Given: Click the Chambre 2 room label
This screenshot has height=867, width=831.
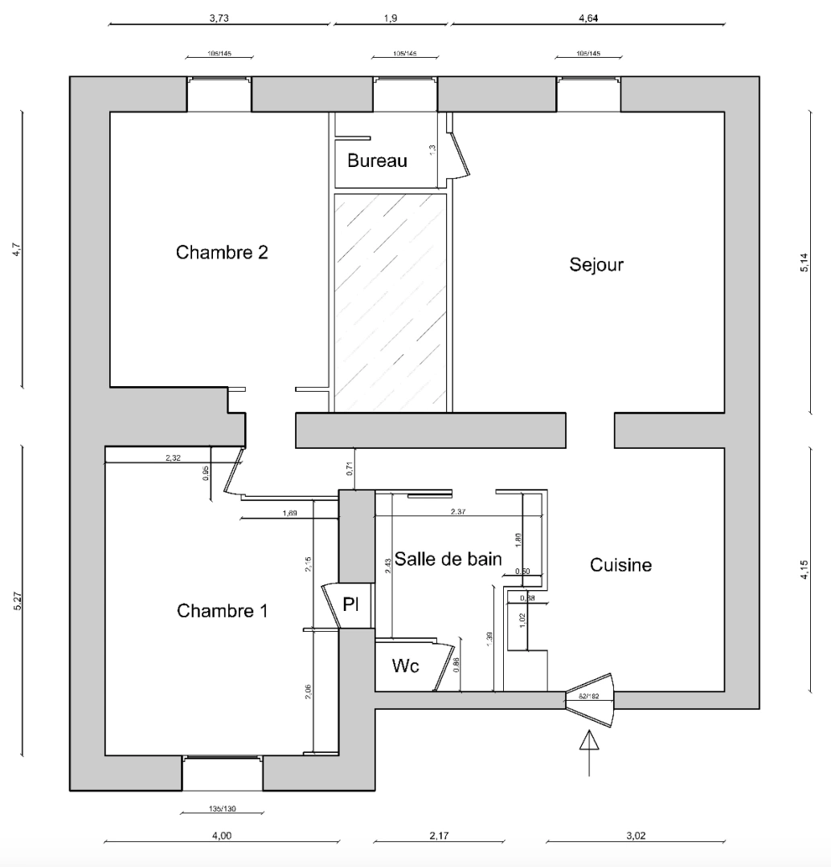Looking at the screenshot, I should (222, 253).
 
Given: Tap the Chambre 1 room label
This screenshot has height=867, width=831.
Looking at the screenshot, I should (222, 611).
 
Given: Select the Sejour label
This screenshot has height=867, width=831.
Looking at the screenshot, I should (596, 264).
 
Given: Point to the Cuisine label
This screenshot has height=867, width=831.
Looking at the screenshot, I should (620, 565).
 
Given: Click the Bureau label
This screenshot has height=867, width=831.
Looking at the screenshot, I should (377, 161).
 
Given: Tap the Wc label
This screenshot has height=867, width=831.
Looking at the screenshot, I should (405, 666).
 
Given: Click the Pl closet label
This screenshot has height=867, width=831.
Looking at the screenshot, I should (351, 604).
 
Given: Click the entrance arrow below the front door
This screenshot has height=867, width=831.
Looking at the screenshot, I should (590, 751).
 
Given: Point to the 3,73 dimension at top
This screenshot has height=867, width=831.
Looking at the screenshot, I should (219, 18).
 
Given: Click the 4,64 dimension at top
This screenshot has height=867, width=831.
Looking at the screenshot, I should (588, 18).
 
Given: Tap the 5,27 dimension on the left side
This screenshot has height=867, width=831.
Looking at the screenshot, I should (18, 602).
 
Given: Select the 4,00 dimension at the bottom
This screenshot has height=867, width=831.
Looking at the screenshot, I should (222, 836).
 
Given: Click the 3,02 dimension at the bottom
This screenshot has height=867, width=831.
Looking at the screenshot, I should (636, 836).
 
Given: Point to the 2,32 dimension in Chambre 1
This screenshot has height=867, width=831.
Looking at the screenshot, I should (173, 458).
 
